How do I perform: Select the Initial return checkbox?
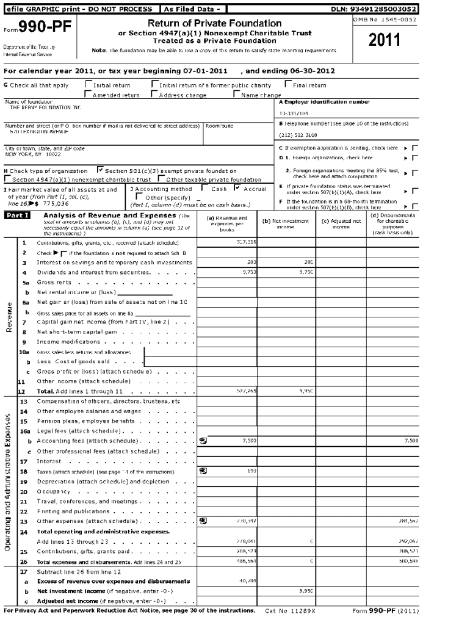89,85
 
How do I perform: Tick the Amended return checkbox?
89,95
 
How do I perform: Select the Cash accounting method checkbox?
205,189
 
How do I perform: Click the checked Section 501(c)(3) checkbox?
101,171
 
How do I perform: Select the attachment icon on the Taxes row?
203,471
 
